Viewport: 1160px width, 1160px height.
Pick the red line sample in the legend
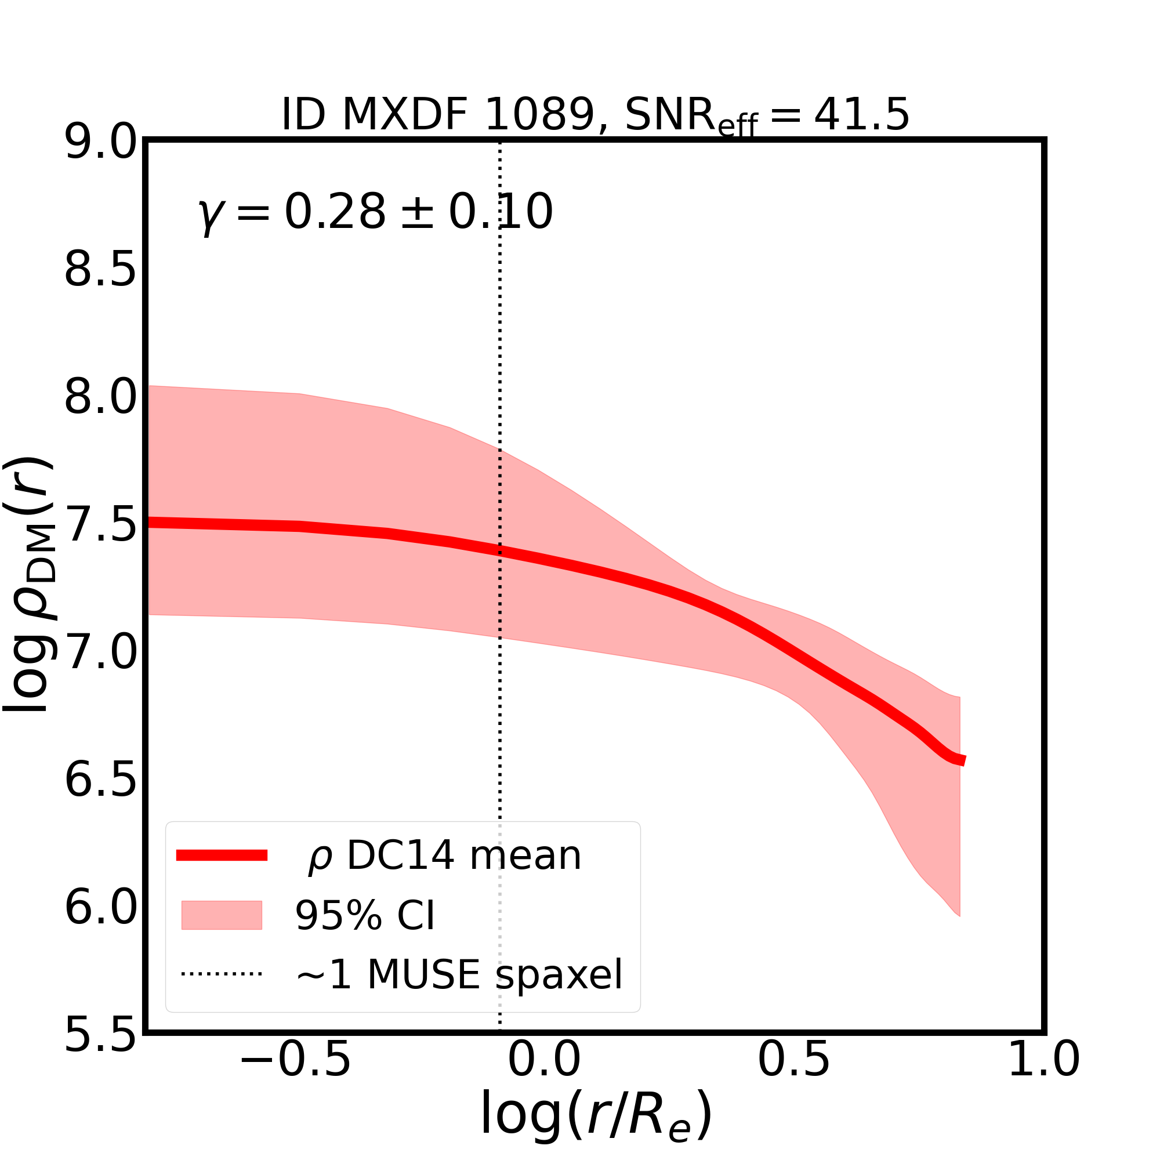(222, 855)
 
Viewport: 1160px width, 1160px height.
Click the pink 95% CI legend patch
(222, 915)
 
